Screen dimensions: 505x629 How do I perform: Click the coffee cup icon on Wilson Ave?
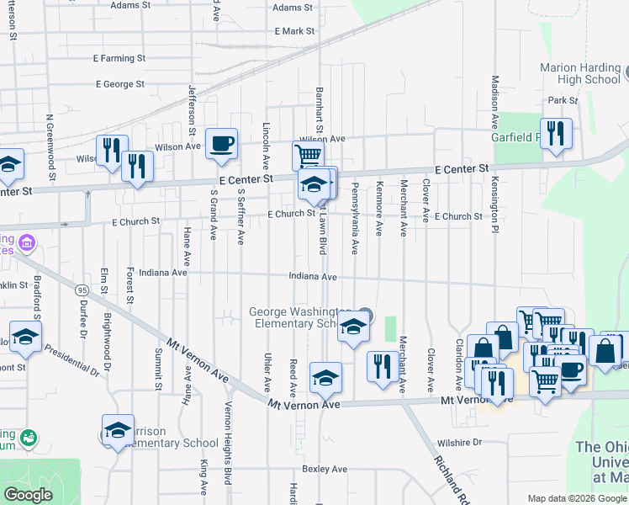coord(221,144)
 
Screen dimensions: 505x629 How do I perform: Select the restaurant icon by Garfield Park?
coord(557,134)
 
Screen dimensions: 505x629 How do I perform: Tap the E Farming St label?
coord(119,59)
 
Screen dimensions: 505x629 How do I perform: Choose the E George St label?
coord(120,84)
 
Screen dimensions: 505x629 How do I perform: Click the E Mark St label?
coord(294,31)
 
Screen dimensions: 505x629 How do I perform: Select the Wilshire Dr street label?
coord(459,442)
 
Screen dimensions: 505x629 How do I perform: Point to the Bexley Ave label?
coord(325,469)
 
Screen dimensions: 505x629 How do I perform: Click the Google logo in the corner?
coord(29,495)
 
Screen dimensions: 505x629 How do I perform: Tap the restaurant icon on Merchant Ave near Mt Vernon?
coord(383,366)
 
